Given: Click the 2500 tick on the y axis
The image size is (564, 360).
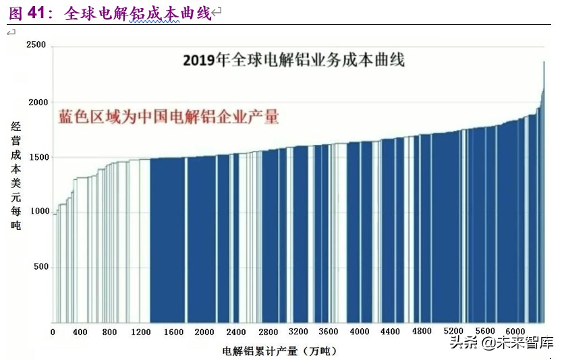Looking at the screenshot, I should [x=36, y=45].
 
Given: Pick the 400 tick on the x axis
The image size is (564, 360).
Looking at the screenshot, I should [x=80, y=332].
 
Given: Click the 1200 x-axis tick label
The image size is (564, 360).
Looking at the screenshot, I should [x=141, y=332].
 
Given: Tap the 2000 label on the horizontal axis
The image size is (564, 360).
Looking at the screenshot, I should [x=204, y=332].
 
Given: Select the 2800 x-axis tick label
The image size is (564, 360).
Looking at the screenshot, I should [x=268, y=332].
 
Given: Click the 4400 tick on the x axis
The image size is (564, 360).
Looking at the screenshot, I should [x=391, y=332].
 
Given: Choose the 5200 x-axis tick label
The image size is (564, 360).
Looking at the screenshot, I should [x=453, y=332].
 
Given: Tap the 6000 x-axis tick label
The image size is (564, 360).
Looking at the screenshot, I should [x=515, y=332].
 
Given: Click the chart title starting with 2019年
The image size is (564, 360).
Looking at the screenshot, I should [x=294, y=60].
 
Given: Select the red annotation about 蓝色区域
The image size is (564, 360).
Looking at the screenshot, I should [x=168, y=117].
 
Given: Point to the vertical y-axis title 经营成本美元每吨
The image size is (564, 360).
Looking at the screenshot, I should [x=16, y=175].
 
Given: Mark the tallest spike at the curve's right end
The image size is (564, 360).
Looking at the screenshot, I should [x=544, y=64].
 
